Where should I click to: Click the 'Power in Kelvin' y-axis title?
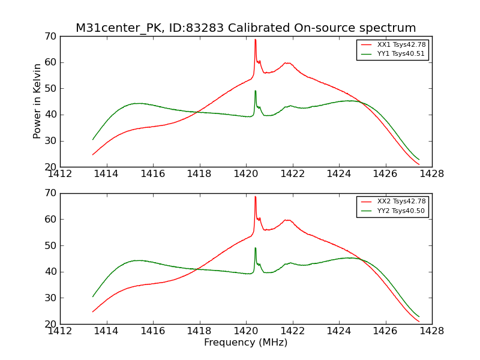pos(37,101)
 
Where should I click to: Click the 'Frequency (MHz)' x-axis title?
pos(245,343)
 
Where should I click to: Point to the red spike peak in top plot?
pos(255,40)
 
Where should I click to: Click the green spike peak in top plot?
pos(255,91)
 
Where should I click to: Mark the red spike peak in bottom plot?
pos(255,197)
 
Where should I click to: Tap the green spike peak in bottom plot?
pos(255,248)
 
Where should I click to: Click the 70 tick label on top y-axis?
pos(50,37)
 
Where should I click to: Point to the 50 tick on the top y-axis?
pos(50,89)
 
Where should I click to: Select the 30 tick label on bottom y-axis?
pos(50,298)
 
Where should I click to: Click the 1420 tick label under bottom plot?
pos(245,331)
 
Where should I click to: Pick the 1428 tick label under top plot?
pos(431,174)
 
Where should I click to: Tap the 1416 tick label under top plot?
pos(153,174)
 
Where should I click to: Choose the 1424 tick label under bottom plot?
pos(338,331)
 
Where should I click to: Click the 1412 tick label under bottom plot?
pos(60,331)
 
